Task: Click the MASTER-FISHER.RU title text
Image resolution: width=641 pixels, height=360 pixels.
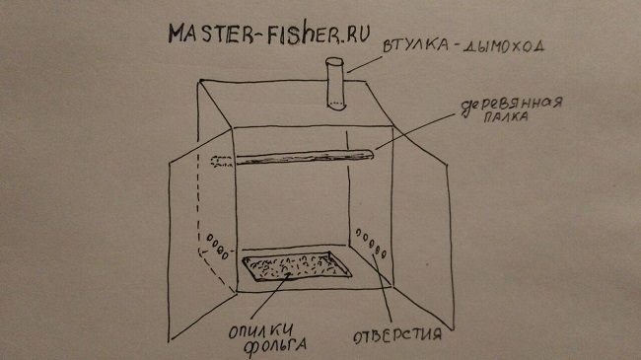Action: point(269,34)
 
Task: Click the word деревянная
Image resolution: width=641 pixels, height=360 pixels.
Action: point(512,106)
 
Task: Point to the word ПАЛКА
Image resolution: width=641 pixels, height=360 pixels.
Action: point(506,116)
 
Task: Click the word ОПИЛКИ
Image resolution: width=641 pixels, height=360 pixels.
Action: point(260,331)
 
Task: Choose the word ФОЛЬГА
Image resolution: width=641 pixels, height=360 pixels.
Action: point(275,345)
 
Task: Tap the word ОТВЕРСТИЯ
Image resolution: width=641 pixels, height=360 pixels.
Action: point(397,335)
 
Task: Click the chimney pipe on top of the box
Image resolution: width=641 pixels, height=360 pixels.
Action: point(335,85)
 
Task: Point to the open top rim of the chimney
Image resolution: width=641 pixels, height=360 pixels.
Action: point(334,62)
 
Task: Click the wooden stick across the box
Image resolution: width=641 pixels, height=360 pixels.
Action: point(304,158)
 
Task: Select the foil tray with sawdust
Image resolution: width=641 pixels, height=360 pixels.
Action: point(297,265)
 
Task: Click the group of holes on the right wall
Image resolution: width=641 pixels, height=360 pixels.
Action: point(371,244)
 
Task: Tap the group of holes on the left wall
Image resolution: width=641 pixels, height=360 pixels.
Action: point(218,247)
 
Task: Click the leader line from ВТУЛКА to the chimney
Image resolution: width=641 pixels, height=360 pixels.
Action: point(365,64)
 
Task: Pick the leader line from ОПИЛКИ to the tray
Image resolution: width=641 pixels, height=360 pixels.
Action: point(270,296)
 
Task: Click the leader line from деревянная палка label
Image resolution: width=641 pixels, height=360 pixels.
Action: point(415,131)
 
